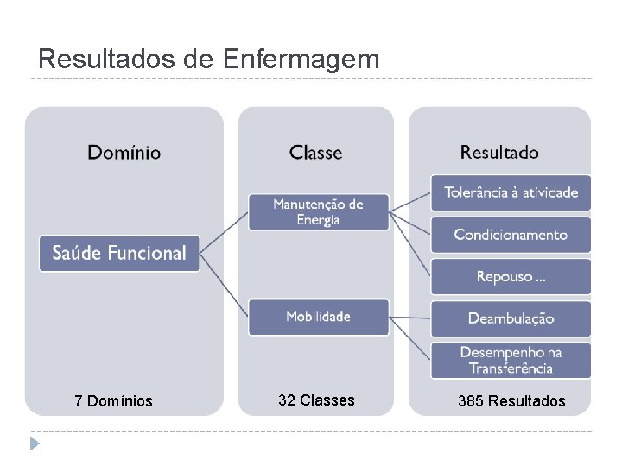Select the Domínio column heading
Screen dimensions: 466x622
tap(124, 153)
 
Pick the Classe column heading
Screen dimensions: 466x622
tap(315, 153)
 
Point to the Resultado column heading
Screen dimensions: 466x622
tap(499, 153)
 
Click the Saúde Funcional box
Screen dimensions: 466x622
tap(119, 254)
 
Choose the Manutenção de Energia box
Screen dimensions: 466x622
tap(318, 211)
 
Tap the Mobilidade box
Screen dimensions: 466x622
tap(318, 317)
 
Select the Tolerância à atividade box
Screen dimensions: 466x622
tap(511, 192)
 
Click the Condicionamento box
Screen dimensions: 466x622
tap(511, 235)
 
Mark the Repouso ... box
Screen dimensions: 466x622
tap(511, 277)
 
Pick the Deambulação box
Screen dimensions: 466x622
tap(511, 318)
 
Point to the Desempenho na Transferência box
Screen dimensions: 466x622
tap(511, 360)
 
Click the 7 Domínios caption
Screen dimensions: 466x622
tap(113, 401)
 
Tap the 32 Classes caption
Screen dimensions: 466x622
tap(316, 400)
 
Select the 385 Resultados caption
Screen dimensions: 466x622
tap(513, 401)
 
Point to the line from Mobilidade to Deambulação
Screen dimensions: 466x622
tap(409, 318)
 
